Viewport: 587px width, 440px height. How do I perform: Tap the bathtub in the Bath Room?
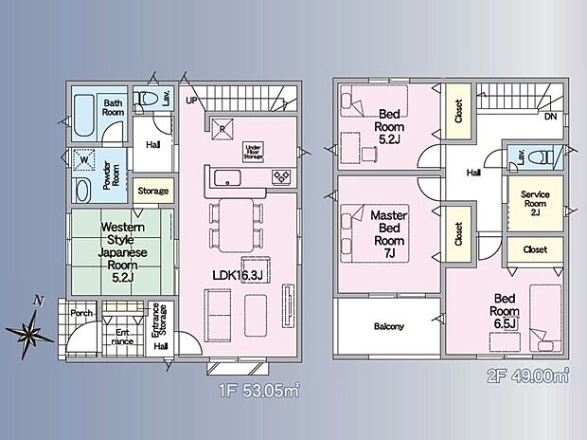click(83, 116)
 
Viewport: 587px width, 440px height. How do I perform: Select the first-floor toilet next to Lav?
click(148, 99)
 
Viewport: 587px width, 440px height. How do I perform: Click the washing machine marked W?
click(84, 160)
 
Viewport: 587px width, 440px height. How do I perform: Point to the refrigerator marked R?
click(222, 128)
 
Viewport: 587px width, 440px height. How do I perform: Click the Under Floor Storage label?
click(254, 152)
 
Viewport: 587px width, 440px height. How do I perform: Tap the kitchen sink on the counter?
click(227, 177)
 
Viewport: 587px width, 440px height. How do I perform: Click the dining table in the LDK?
click(237, 225)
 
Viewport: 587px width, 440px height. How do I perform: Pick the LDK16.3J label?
click(237, 276)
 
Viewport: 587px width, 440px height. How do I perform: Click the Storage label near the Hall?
click(153, 191)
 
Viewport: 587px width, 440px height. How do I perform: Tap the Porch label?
click(81, 313)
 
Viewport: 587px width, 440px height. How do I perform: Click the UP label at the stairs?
click(191, 101)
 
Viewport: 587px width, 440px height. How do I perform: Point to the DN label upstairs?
click(551, 117)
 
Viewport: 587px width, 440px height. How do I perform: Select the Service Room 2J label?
click(535, 203)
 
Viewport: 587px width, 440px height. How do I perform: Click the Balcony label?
click(389, 327)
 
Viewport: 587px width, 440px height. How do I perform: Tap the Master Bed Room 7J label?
click(389, 234)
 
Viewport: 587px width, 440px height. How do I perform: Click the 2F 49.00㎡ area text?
click(528, 376)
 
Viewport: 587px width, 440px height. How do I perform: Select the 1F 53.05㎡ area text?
click(259, 391)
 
